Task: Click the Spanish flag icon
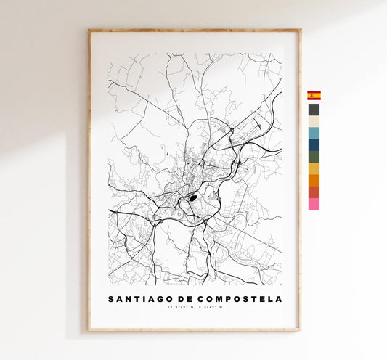[x=314, y=95]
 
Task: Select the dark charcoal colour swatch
[x=314, y=110]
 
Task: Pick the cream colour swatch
[x=314, y=121]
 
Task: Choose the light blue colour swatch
[x=314, y=134]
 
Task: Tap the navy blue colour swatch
[x=314, y=145]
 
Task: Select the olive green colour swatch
[x=314, y=157]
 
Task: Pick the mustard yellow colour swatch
[x=314, y=168]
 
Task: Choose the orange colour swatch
[x=314, y=180]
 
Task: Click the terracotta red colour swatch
[x=314, y=192]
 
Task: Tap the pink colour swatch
[x=314, y=204]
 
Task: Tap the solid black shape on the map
[x=193, y=196]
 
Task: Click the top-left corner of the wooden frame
[x=89, y=30]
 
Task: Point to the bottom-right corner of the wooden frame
[x=299, y=330]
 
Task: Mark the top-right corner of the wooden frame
[x=299, y=30]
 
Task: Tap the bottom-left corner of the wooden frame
[x=89, y=330]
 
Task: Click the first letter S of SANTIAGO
[x=111, y=299]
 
